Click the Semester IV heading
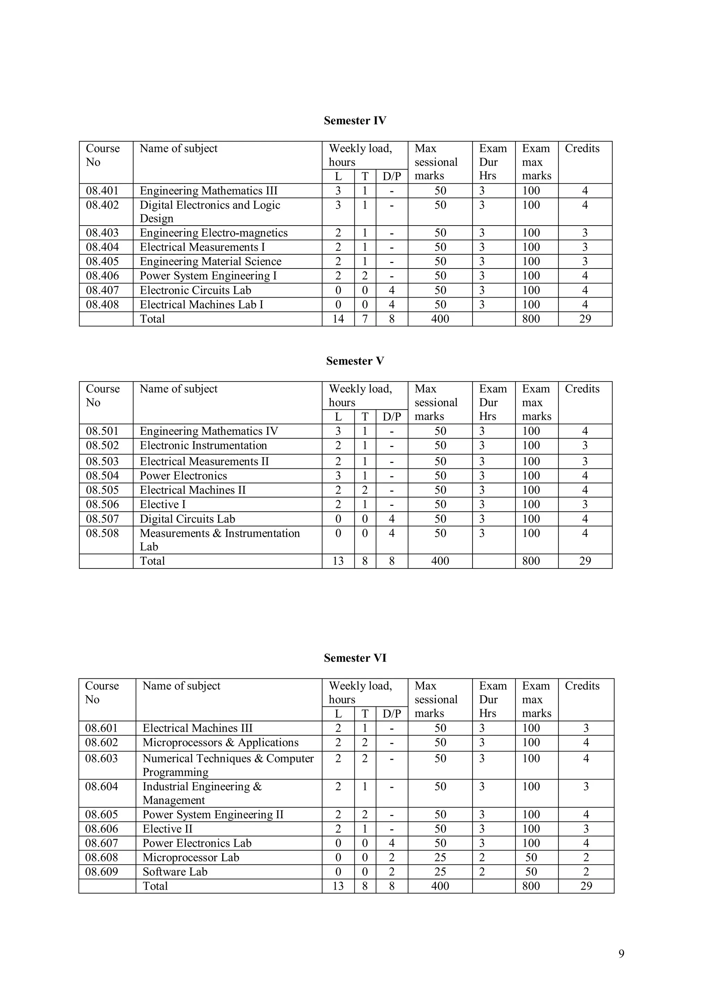[355, 121]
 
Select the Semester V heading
[355, 361]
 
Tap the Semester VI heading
[355, 658]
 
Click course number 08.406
[102, 276]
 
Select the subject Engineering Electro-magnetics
[214, 233]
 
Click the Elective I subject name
[163, 505]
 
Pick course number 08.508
[102, 534]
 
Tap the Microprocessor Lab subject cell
[191, 857]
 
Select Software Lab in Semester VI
[174, 872]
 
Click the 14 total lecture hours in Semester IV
[338, 319]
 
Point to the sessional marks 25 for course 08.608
[440, 857]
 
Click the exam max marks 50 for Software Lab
[531, 872]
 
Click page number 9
[621, 954]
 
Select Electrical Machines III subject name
[197, 728]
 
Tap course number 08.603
[102, 759]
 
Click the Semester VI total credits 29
[586, 886]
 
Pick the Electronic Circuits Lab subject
[195, 290]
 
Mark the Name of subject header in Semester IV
[179, 149]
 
